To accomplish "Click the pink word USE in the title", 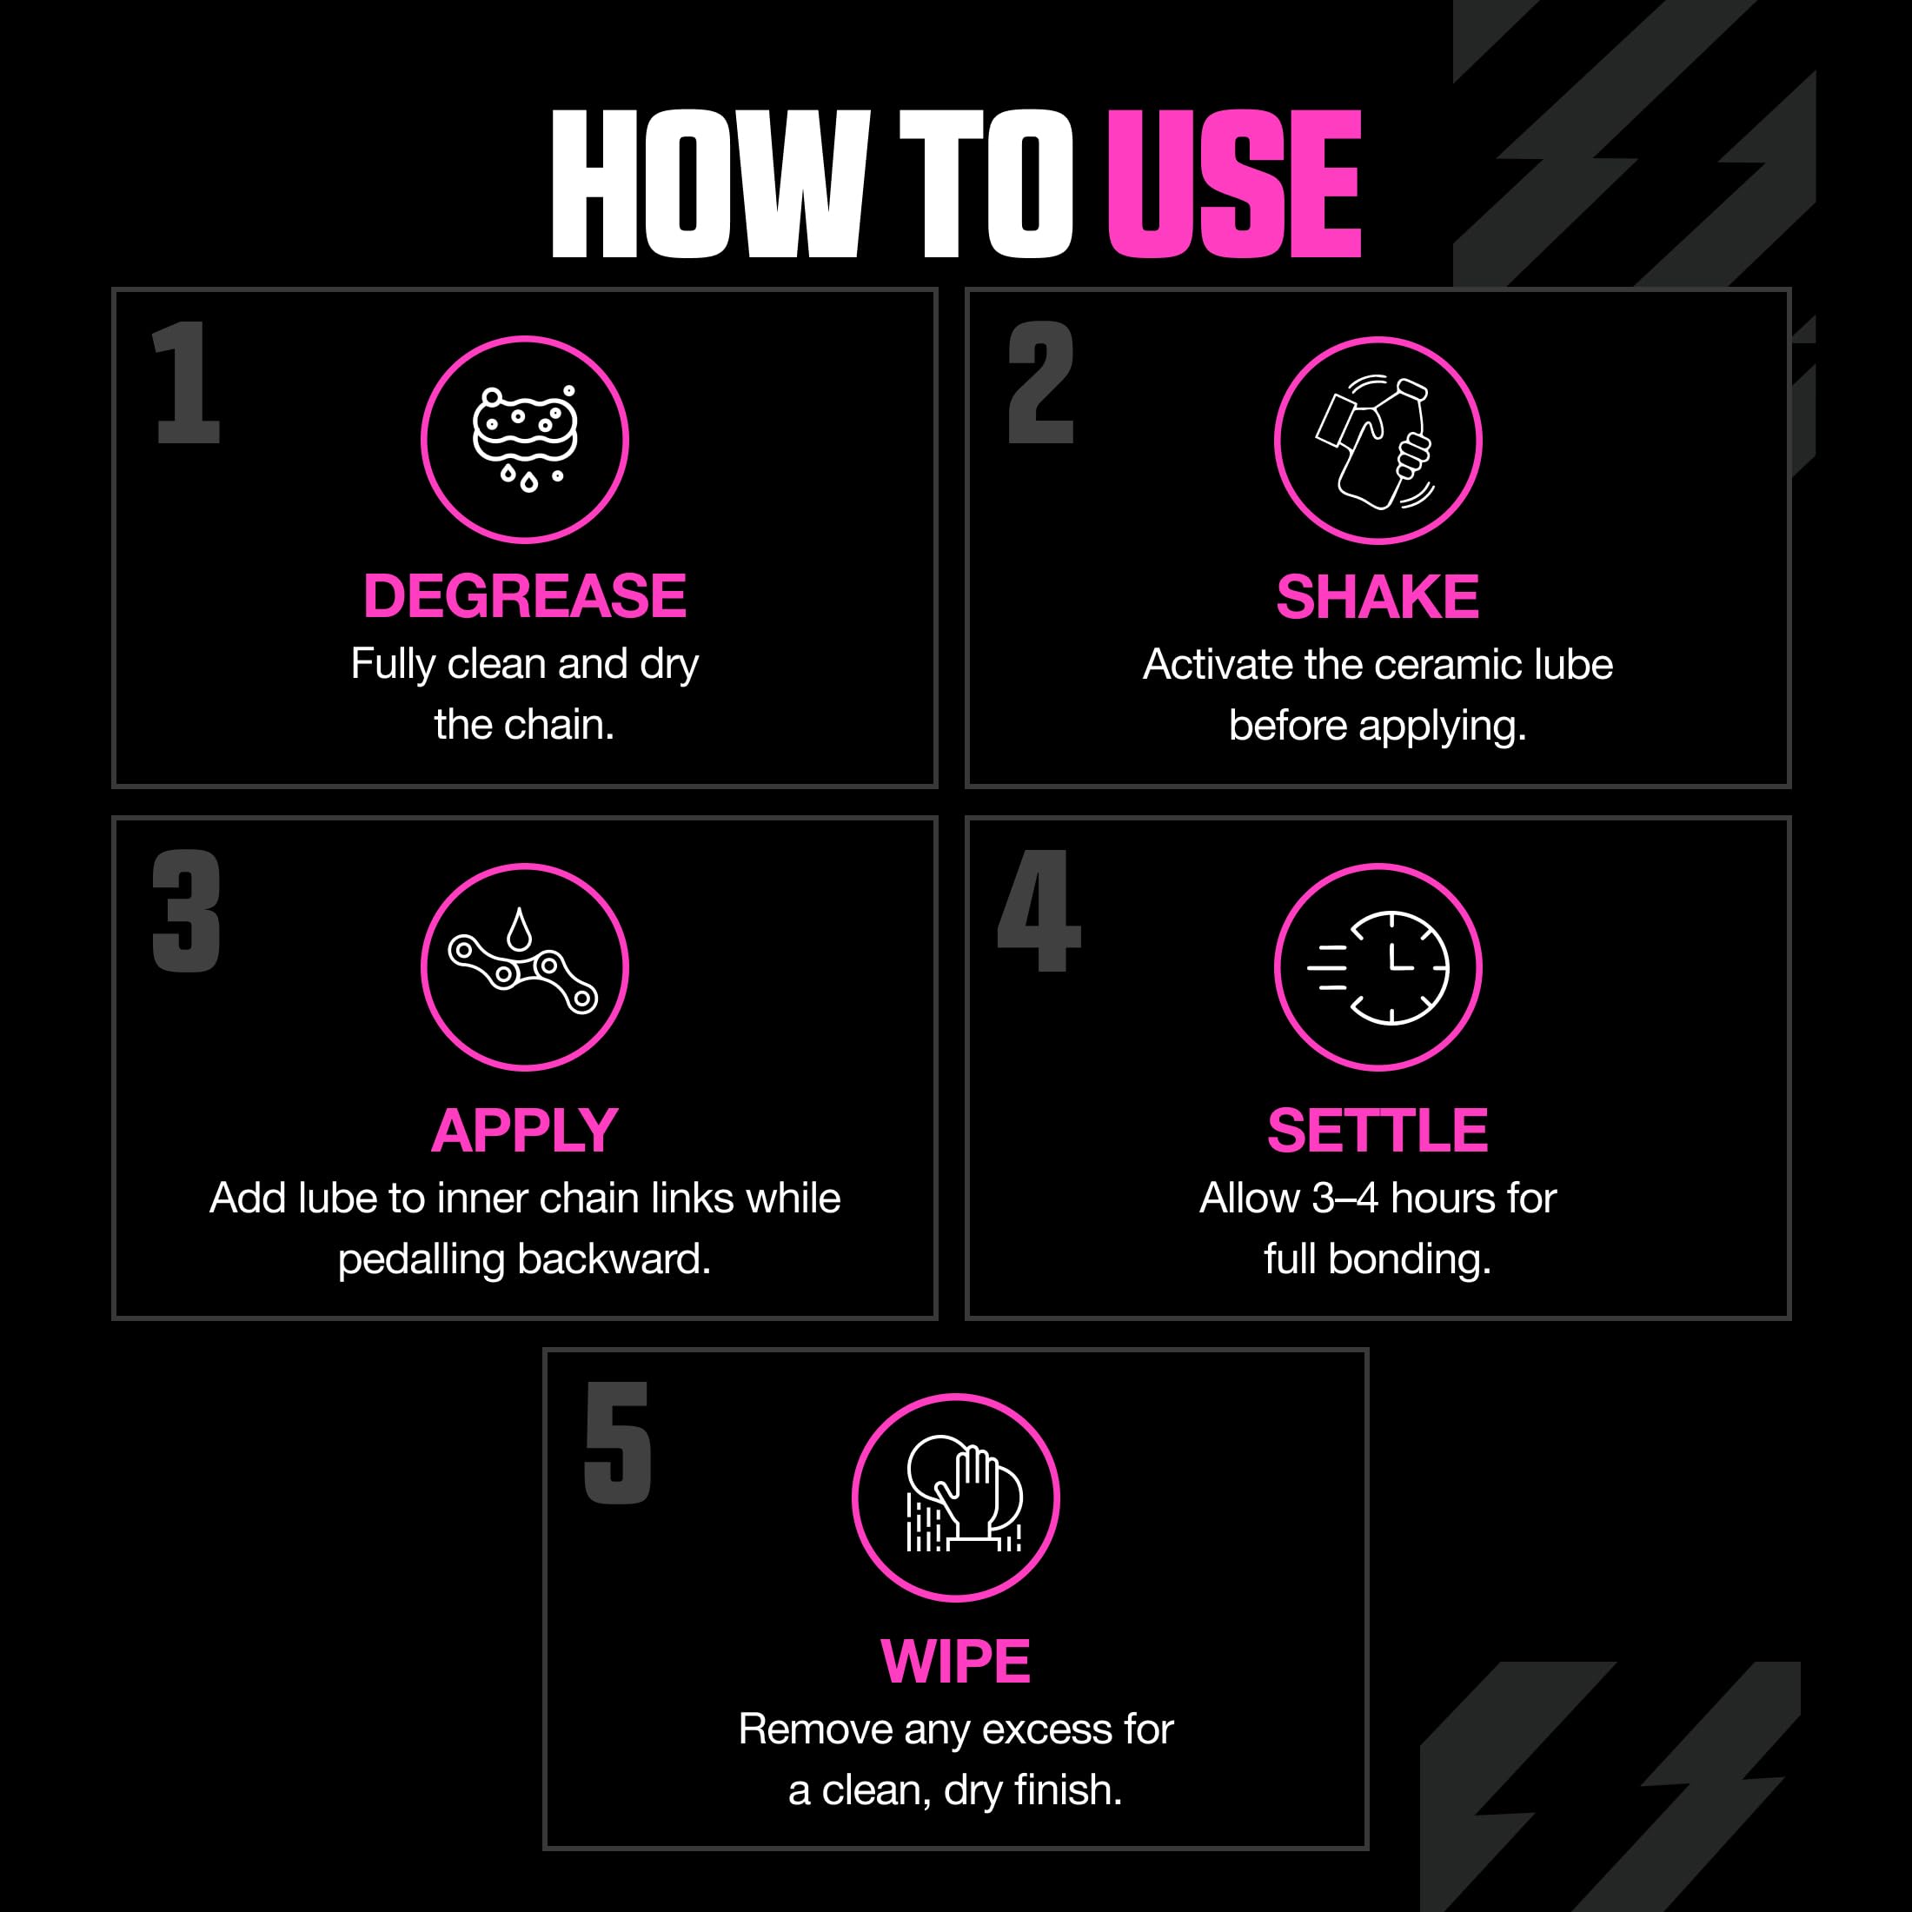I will [1234, 184].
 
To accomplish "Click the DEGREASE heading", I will [525, 596].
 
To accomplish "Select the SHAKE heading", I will [1377, 597].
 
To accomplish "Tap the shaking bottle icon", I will [1377, 441].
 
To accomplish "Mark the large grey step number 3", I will [186, 911].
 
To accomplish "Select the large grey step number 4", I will [1039, 911].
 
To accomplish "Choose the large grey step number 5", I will [618, 1442].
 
